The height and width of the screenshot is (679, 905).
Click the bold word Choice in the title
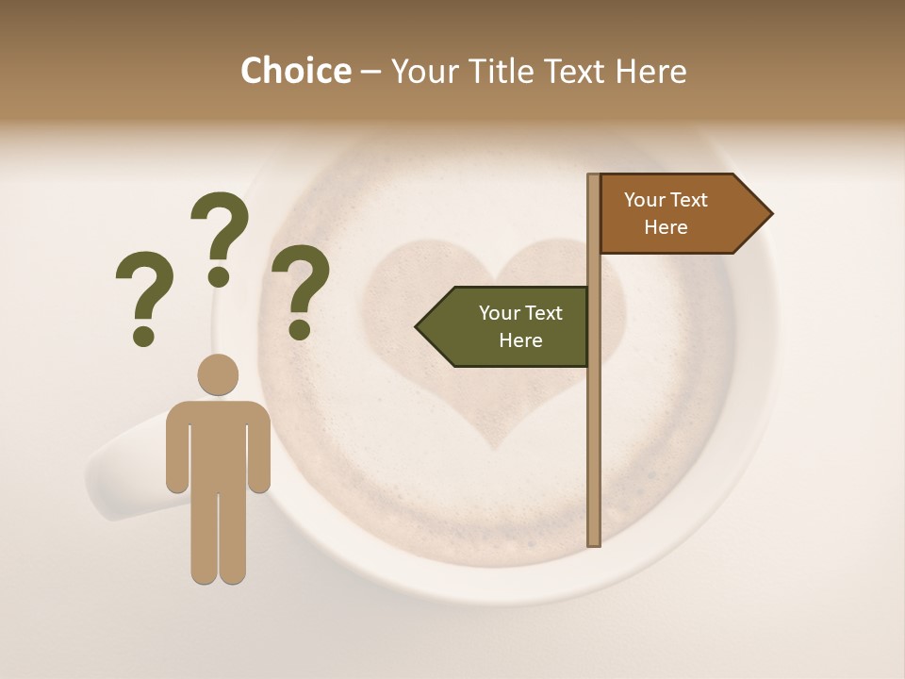pos(295,71)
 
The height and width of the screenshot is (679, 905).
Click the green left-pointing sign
pos(509,326)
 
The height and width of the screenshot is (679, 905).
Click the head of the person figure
pos(218,374)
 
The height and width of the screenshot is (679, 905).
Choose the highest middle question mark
pos(220,236)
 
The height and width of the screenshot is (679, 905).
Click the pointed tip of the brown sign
pos(768,214)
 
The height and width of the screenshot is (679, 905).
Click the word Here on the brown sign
pos(666,227)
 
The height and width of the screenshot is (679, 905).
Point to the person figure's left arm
pos(176,448)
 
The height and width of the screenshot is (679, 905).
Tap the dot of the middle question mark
pos(219,276)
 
